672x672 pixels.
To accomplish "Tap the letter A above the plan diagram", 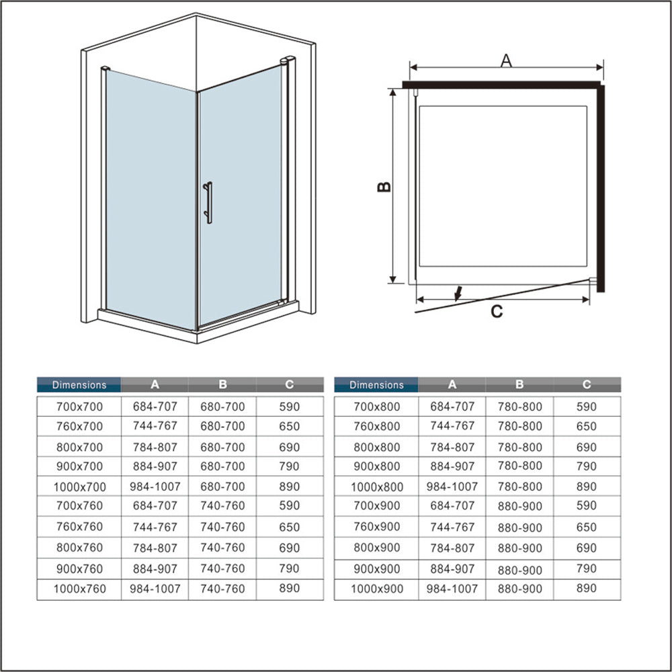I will tap(506, 60).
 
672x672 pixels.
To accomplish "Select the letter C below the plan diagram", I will tap(497, 311).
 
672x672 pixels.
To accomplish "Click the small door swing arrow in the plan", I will tap(458, 294).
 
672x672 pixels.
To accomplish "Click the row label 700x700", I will tap(79, 407).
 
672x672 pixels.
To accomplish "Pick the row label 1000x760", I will tap(79, 589).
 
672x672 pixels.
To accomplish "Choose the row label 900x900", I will tap(376, 569).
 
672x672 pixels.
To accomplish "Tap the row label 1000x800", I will tap(376, 487).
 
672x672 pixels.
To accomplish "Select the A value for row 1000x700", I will tap(155, 487).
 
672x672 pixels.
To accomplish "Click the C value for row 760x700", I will tap(290, 426).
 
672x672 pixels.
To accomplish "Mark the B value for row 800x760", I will tap(222, 548).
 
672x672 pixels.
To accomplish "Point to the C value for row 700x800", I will tap(587, 407).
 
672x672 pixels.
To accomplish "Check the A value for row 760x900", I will tap(452, 528).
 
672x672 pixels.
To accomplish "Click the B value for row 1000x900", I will tap(519, 589).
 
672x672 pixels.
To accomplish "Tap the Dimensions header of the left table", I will tap(79, 385).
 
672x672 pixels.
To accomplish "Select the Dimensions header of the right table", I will tap(376, 385).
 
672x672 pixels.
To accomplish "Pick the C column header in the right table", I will tap(587, 385).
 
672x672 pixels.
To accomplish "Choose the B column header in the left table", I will tap(222, 385).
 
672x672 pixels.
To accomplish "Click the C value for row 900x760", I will tap(290, 569).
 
